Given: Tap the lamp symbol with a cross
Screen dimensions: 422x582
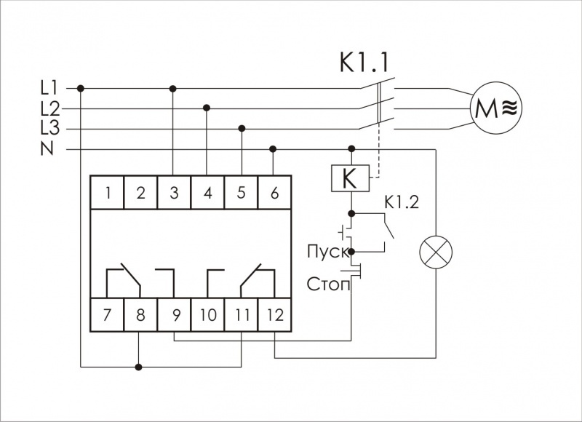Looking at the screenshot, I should click(435, 252).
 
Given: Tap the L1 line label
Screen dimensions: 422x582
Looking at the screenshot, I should click(49, 88).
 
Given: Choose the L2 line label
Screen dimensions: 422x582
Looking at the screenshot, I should click(49, 108).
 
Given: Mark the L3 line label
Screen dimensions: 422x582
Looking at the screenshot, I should click(49, 129).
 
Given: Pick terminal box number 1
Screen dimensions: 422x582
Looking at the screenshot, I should click(107, 193).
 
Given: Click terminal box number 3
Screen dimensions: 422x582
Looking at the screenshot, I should click(174, 193).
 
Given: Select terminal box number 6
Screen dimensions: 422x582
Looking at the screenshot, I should click(274, 193).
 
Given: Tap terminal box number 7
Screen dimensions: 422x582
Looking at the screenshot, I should click(107, 315).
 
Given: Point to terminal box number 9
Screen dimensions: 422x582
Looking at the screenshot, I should click(174, 315).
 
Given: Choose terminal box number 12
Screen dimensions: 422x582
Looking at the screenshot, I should click(274, 315).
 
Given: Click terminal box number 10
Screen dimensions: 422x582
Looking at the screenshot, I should click(207, 315).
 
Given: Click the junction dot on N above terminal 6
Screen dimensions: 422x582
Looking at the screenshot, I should click(274, 149).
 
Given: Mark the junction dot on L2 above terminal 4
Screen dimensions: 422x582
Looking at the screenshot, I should click(207, 108).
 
